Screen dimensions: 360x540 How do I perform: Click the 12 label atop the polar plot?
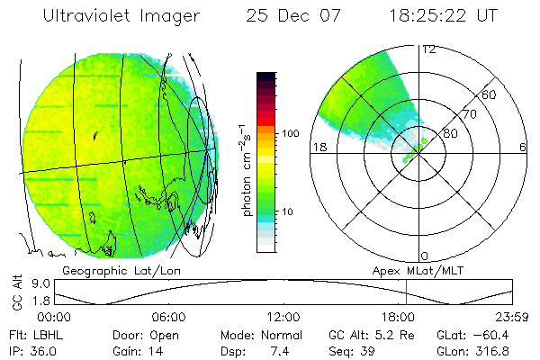(x=428, y=49)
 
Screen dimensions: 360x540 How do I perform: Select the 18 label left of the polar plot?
(x=318, y=147)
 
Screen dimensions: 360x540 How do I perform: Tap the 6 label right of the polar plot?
(x=522, y=147)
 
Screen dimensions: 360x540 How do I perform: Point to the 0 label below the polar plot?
(x=424, y=256)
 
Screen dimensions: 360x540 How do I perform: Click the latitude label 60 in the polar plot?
(x=490, y=94)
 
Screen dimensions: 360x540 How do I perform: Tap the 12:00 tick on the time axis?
(x=283, y=317)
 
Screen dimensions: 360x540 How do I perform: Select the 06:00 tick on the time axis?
(x=168, y=317)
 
